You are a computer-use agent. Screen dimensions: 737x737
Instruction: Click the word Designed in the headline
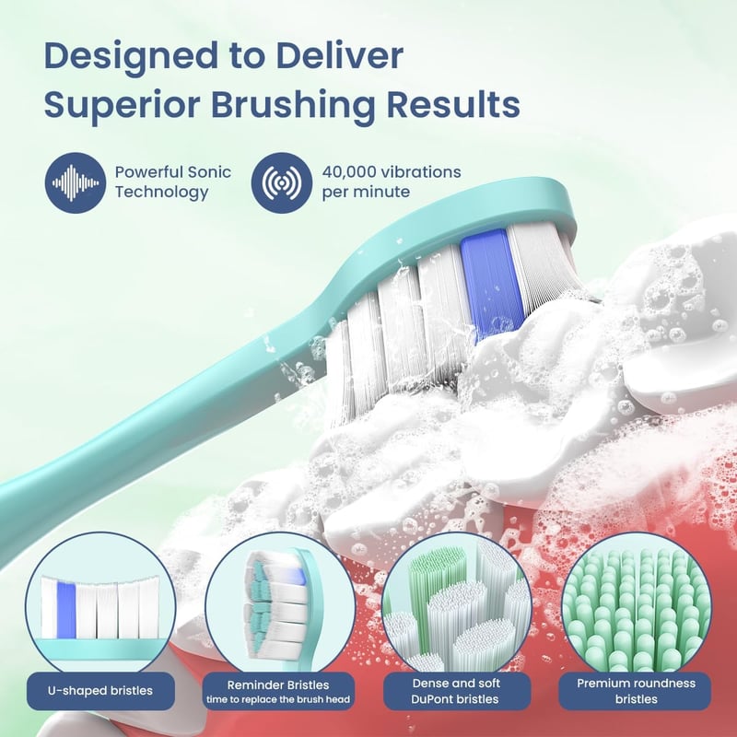point(131,57)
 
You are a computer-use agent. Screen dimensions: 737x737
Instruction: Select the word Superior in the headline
point(123,105)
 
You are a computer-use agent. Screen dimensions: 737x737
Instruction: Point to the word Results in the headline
point(453,104)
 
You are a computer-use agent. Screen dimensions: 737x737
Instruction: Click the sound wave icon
point(76,182)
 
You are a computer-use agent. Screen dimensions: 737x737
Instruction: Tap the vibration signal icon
point(282,182)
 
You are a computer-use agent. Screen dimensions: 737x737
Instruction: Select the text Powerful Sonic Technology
point(173,181)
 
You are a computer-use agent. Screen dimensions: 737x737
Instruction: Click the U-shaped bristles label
point(100,690)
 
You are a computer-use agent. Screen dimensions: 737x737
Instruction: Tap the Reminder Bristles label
point(278,691)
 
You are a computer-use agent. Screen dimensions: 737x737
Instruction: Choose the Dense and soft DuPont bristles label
point(457,691)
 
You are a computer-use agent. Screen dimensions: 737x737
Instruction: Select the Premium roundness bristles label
point(635,691)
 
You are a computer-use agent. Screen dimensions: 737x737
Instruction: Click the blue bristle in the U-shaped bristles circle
point(66,610)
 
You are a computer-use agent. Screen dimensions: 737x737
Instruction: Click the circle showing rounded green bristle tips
point(636,606)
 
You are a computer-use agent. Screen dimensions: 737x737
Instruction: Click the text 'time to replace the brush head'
point(278,699)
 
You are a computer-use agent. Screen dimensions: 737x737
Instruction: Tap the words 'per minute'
point(366,193)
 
